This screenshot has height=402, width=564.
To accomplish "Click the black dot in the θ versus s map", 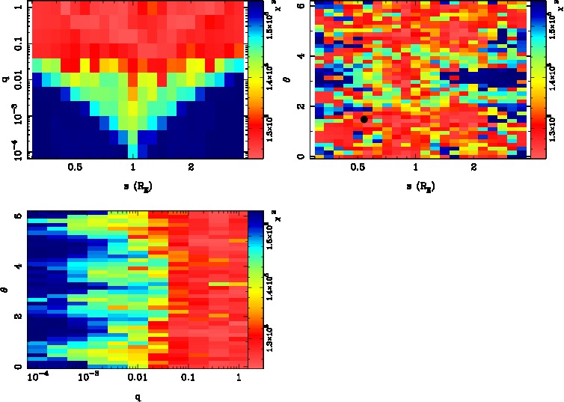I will click(364, 119).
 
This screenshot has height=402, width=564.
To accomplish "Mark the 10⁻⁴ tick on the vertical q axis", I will click(13, 152).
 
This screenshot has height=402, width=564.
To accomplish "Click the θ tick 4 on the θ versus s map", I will click(299, 56).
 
